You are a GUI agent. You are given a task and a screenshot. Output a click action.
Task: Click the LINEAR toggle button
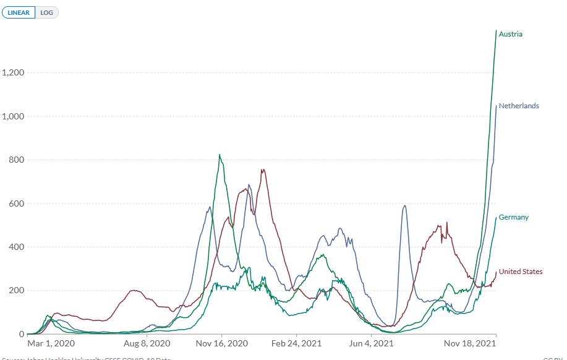click(19, 12)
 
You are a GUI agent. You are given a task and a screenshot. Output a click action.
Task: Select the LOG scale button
click(47, 12)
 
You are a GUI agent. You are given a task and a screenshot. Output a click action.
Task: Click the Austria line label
click(510, 34)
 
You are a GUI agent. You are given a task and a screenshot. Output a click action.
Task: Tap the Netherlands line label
click(519, 106)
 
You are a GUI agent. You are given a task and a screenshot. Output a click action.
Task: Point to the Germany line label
click(513, 217)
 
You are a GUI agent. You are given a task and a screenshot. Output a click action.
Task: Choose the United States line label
click(521, 272)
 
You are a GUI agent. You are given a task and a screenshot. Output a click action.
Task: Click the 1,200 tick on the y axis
click(12, 72)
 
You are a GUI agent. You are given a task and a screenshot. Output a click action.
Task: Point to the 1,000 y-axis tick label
click(12, 116)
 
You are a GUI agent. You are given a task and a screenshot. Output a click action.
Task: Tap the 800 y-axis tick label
click(16, 160)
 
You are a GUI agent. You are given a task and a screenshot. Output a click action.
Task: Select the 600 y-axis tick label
click(16, 204)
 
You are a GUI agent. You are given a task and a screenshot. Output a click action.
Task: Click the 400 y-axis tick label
click(16, 247)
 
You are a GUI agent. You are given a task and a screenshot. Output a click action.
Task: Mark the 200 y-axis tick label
click(16, 291)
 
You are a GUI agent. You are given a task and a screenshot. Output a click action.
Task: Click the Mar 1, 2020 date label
click(51, 343)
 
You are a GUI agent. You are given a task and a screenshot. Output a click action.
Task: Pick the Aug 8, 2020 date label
click(147, 343)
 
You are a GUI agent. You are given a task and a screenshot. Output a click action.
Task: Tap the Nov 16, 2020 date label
click(222, 343)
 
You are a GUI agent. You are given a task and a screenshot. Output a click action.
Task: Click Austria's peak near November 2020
click(220, 155)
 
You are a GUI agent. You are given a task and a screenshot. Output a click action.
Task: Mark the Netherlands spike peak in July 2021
click(404, 205)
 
